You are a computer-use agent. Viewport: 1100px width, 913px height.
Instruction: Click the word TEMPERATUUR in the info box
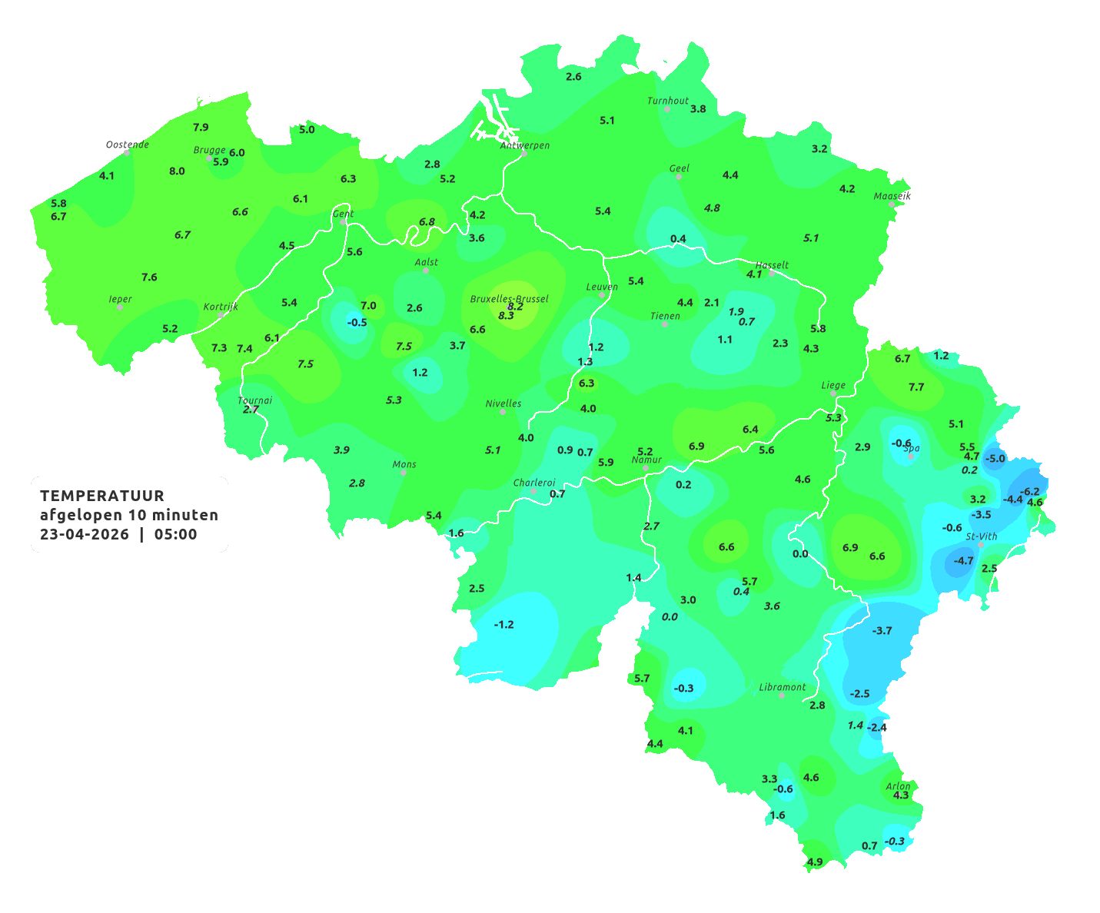(102, 496)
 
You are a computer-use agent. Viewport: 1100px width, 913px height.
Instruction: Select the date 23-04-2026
(85, 535)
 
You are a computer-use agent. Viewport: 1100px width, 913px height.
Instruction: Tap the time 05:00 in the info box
(176, 535)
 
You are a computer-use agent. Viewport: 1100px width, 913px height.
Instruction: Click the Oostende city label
(127, 144)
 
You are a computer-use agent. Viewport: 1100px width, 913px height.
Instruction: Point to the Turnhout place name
(668, 101)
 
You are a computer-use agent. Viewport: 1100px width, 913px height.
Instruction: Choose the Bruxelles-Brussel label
(509, 298)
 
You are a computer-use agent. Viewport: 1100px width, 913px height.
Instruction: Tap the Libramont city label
(783, 687)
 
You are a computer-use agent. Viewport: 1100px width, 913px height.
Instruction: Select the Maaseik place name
(892, 196)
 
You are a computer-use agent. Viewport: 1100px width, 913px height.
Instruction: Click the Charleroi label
(534, 483)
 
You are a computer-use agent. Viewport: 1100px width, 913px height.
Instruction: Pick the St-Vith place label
(981, 536)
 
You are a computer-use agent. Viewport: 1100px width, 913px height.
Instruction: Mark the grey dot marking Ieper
(120, 307)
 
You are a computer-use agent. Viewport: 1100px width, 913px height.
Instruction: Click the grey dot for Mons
(404, 473)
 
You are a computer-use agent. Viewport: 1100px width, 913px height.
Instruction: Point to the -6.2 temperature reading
(1029, 492)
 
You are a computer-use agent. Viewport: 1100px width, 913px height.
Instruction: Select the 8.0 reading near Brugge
(177, 171)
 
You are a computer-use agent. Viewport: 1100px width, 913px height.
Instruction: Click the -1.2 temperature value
(503, 624)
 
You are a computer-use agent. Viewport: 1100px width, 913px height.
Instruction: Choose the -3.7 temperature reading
(882, 630)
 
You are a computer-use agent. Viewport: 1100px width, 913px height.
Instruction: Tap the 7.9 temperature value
(201, 127)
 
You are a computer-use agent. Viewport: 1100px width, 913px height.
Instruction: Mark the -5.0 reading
(995, 459)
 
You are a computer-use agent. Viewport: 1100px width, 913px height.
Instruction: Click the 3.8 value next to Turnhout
(698, 109)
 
